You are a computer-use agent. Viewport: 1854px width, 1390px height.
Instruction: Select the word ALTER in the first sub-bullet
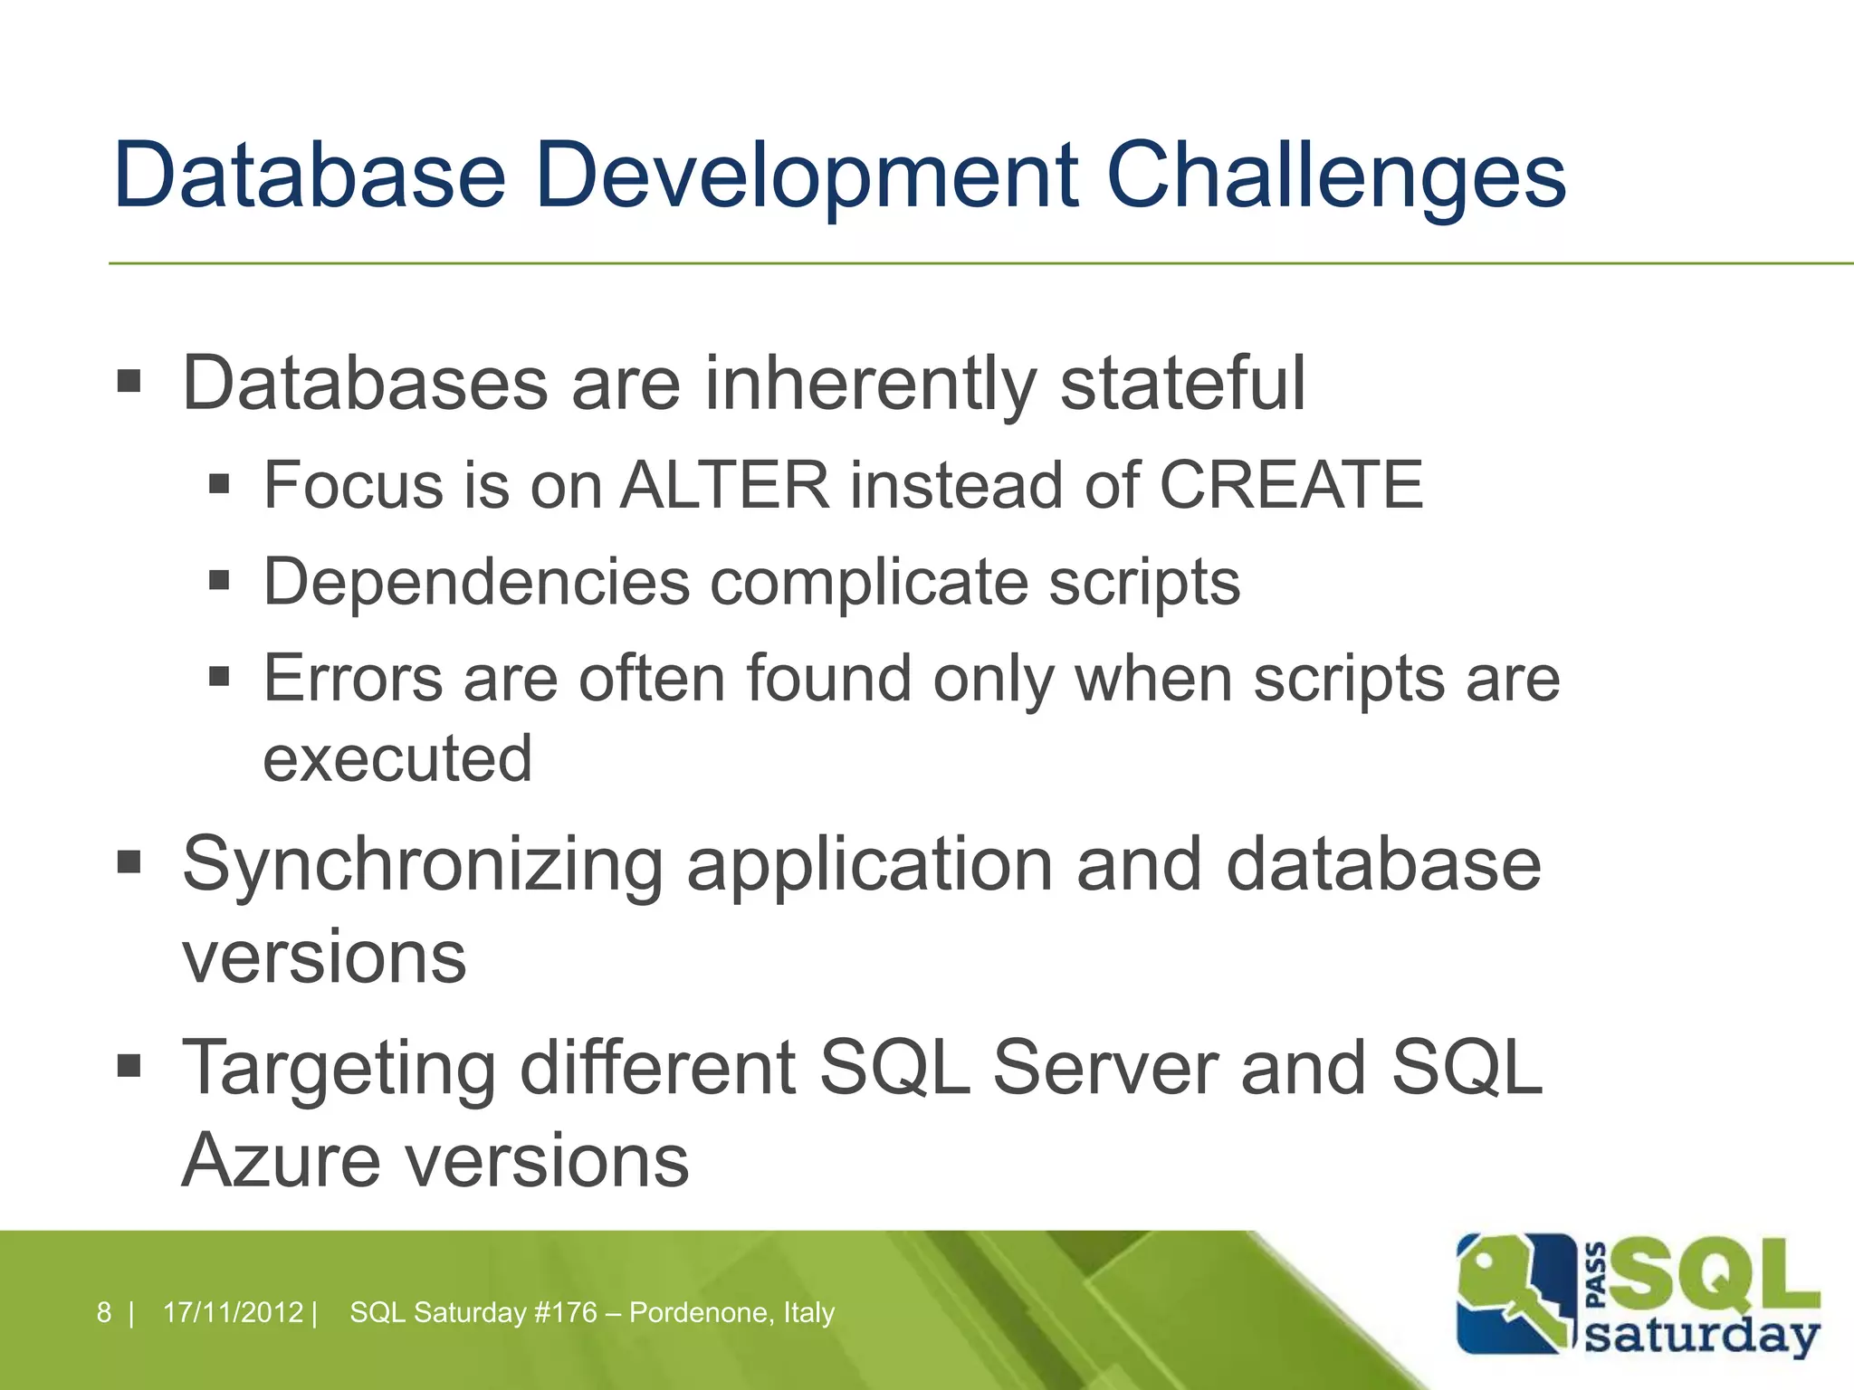point(724,486)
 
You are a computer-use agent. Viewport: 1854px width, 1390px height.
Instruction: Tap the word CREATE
point(1291,486)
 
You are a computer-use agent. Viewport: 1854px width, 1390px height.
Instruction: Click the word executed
point(397,758)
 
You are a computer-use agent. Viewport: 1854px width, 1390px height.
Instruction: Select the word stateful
point(1182,384)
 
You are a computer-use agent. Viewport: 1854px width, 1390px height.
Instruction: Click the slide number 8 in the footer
point(104,1312)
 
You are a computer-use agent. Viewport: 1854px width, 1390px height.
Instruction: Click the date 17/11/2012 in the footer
point(233,1312)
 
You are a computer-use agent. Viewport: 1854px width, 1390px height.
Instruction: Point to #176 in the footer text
point(566,1312)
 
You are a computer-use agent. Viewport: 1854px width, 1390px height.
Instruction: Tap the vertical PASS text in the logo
point(1598,1276)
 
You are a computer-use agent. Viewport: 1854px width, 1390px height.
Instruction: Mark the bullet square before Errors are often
point(219,676)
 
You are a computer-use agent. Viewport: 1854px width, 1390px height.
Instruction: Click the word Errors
point(353,679)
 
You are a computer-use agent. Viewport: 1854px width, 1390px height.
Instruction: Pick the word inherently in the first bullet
point(870,384)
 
